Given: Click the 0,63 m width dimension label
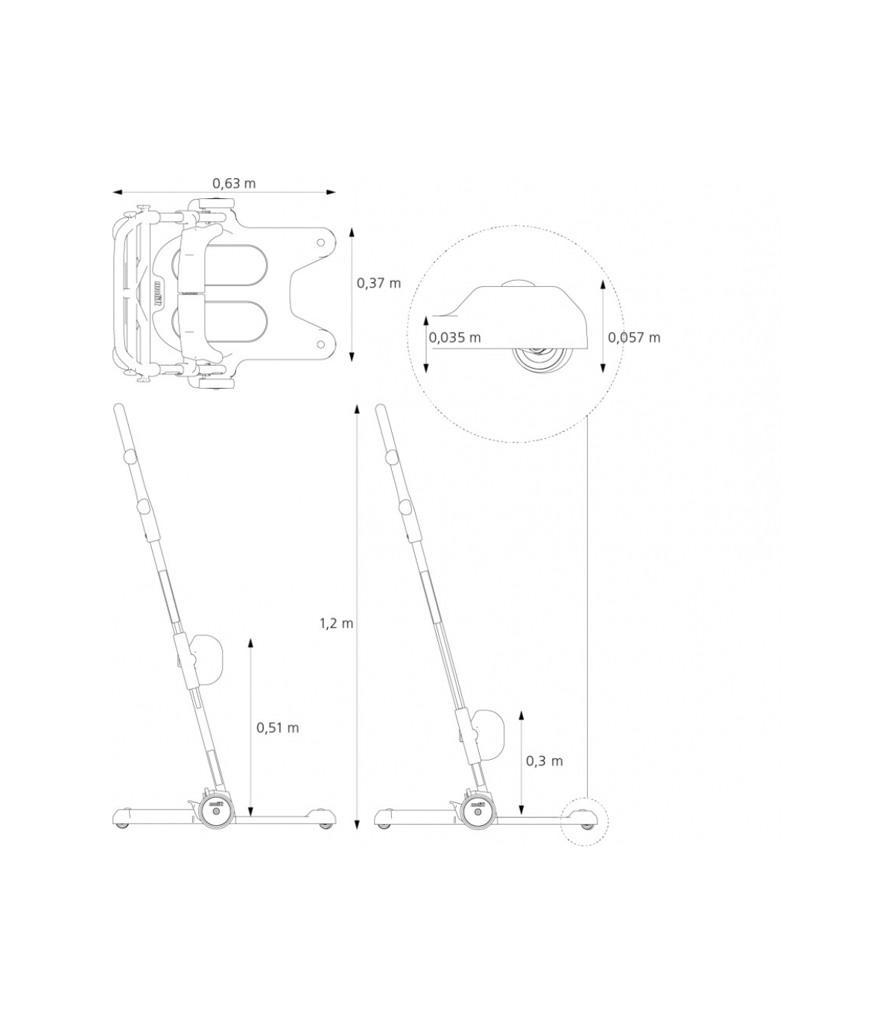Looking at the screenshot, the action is (x=234, y=183).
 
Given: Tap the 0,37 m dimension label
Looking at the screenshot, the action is (x=378, y=283).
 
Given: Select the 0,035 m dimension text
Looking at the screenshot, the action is (x=454, y=337).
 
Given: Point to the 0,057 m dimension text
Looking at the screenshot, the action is (x=634, y=337).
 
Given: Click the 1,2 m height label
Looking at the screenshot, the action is (x=336, y=623).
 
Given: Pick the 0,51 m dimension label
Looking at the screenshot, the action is (x=278, y=728).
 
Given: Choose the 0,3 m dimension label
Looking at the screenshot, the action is (x=545, y=761).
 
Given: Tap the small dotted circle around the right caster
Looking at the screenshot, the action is (x=584, y=821).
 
